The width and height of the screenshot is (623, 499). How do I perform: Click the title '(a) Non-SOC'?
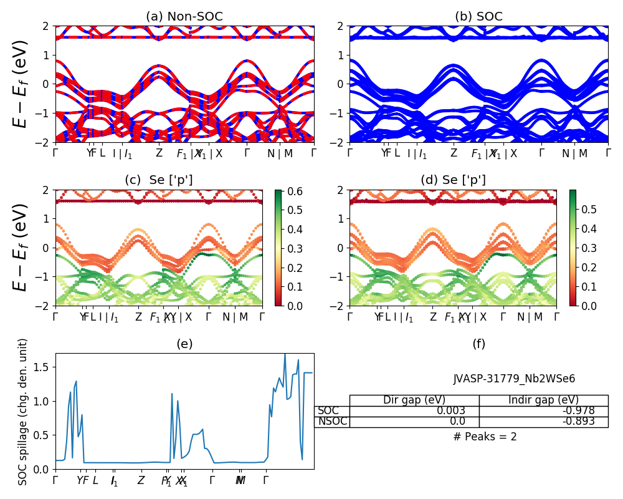184,17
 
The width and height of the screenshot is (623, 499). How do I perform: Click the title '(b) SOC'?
478,17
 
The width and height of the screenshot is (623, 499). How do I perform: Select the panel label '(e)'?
184,344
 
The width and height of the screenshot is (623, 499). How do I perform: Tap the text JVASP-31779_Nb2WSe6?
514,379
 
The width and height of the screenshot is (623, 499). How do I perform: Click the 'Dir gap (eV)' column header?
414,400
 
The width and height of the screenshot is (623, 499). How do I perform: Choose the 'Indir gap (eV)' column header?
543,400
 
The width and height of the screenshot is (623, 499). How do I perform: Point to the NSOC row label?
331,422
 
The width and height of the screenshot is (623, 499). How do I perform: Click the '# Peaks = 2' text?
485,437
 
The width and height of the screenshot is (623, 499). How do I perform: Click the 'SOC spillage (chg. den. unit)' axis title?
23,412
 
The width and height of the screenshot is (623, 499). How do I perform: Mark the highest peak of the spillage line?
285,354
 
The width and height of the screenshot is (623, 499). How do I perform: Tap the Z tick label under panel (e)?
141,480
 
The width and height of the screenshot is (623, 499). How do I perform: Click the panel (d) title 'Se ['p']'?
453,180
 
